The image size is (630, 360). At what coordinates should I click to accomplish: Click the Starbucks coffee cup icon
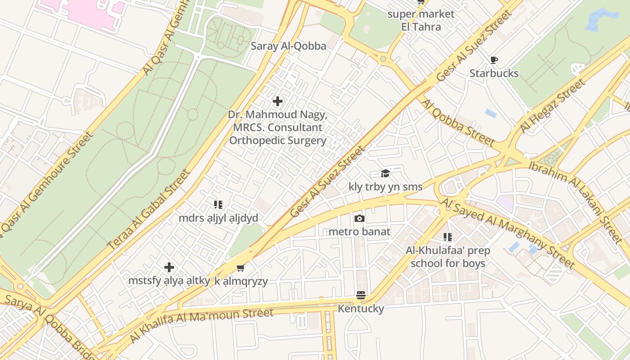pyautogui.click(x=494, y=60)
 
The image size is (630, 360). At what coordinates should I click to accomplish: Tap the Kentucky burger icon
pyautogui.click(x=360, y=295)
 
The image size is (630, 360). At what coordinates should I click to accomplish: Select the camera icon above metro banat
pyautogui.click(x=359, y=219)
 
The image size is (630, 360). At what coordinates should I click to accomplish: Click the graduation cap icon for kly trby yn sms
pyautogui.click(x=385, y=174)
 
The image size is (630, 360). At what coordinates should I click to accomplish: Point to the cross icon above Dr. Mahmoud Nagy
pyautogui.click(x=278, y=101)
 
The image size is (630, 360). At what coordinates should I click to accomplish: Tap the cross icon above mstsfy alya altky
pyautogui.click(x=169, y=267)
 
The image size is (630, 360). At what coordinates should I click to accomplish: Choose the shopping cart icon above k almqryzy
pyautogui.click(x=241, y=268)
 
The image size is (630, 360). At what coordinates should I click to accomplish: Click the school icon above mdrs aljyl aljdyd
pyautogui.click(x=218, y=205)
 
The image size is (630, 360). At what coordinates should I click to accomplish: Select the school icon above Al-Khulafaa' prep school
pyautogui.click(x=447, y=237)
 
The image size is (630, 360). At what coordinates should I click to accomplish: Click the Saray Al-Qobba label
pyautogui.click(x=288, y=46)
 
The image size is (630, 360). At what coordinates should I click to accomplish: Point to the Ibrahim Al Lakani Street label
pyautogui.click(x=576, y=200)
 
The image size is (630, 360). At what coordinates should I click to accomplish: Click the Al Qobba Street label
pyautogui.click(x=457, y=123)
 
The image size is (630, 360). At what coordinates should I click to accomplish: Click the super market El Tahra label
pyautogui.click(x=421, y=20)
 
